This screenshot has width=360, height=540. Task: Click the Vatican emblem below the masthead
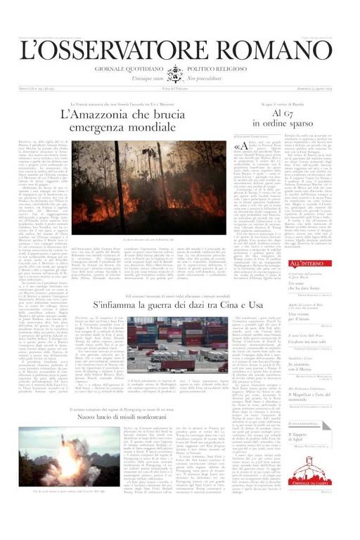pyautogui.click(x=179, y=74)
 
